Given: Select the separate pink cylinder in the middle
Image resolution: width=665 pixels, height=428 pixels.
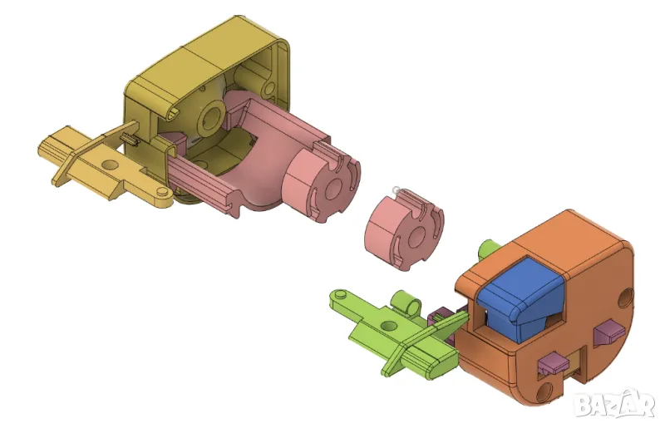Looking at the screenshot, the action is pyautogui.click(x=404, y=229).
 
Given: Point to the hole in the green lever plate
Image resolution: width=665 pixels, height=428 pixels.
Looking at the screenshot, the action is pyautogui.click(x=387, y=326).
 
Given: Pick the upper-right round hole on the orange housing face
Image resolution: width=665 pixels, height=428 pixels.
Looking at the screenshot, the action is pyautogui.click(x=626, y=298).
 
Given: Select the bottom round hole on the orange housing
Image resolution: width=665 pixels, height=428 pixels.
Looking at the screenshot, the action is pyautogui.click(x=544, y=392).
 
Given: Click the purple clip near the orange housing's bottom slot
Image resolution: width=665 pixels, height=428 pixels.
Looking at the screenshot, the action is pyautogui.click(x=554, y=363).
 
